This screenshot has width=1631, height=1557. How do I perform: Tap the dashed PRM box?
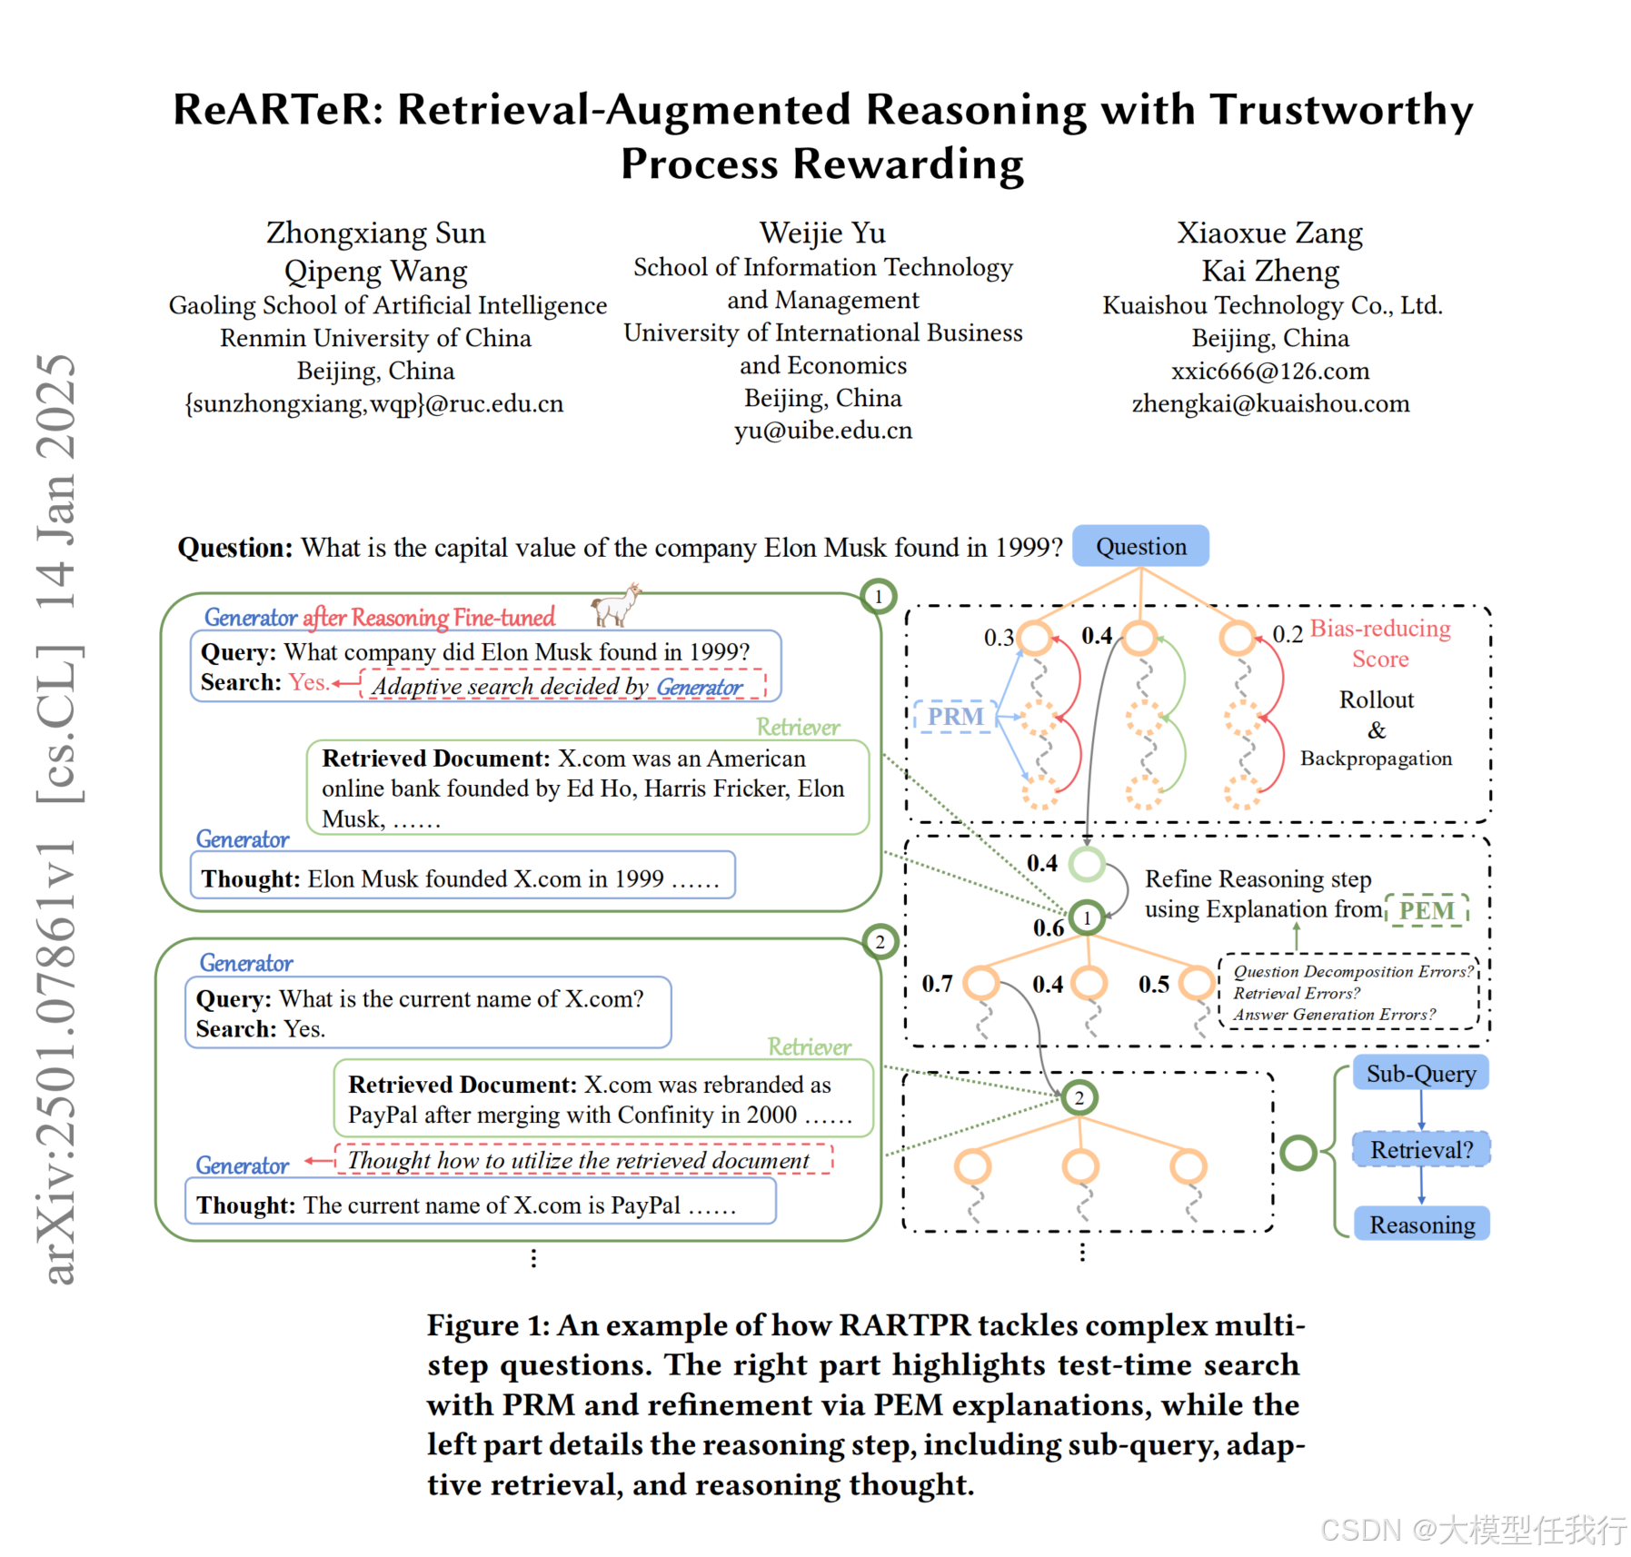[955, 717]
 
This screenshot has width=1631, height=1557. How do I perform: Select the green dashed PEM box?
[1426, 910]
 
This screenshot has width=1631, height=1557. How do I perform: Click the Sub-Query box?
[1420, 1074]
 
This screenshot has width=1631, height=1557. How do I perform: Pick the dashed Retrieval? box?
[1421, 1150]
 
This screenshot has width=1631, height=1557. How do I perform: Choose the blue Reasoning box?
[1421, 1225]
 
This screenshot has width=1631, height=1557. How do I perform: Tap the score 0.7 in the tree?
[937, 984]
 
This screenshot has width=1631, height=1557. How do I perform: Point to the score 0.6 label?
[1048, 927]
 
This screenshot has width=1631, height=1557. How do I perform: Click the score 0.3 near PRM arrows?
[999, 638]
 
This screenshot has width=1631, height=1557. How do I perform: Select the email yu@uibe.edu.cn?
[823, 431]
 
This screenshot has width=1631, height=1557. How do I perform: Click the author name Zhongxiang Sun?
[375, 233]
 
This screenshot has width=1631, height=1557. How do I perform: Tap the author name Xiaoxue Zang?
[1269, 233]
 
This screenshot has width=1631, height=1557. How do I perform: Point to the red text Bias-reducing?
[1379, 629]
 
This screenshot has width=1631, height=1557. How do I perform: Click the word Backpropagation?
[1376, 759]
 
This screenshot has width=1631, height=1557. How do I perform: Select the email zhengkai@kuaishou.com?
[1270, 403]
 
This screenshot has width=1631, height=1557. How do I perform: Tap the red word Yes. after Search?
[308, 682]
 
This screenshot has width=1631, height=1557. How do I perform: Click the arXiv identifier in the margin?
[56, 1063]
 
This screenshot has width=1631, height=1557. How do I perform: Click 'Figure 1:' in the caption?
[488, 1325]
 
